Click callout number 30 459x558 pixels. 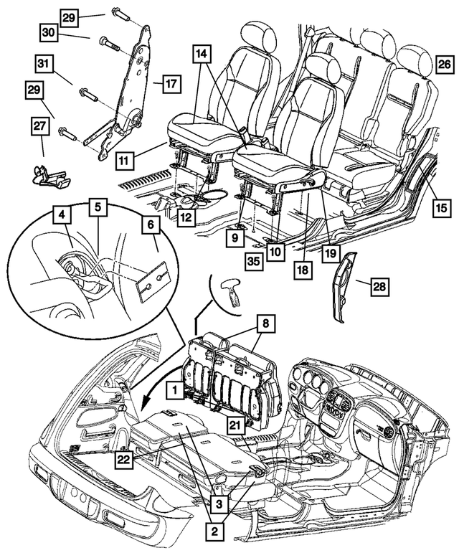tap(49, 32)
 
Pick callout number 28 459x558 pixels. tap(380, 288)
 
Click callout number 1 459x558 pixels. tap(173, 390)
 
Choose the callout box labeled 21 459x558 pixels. tap(234, 425)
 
